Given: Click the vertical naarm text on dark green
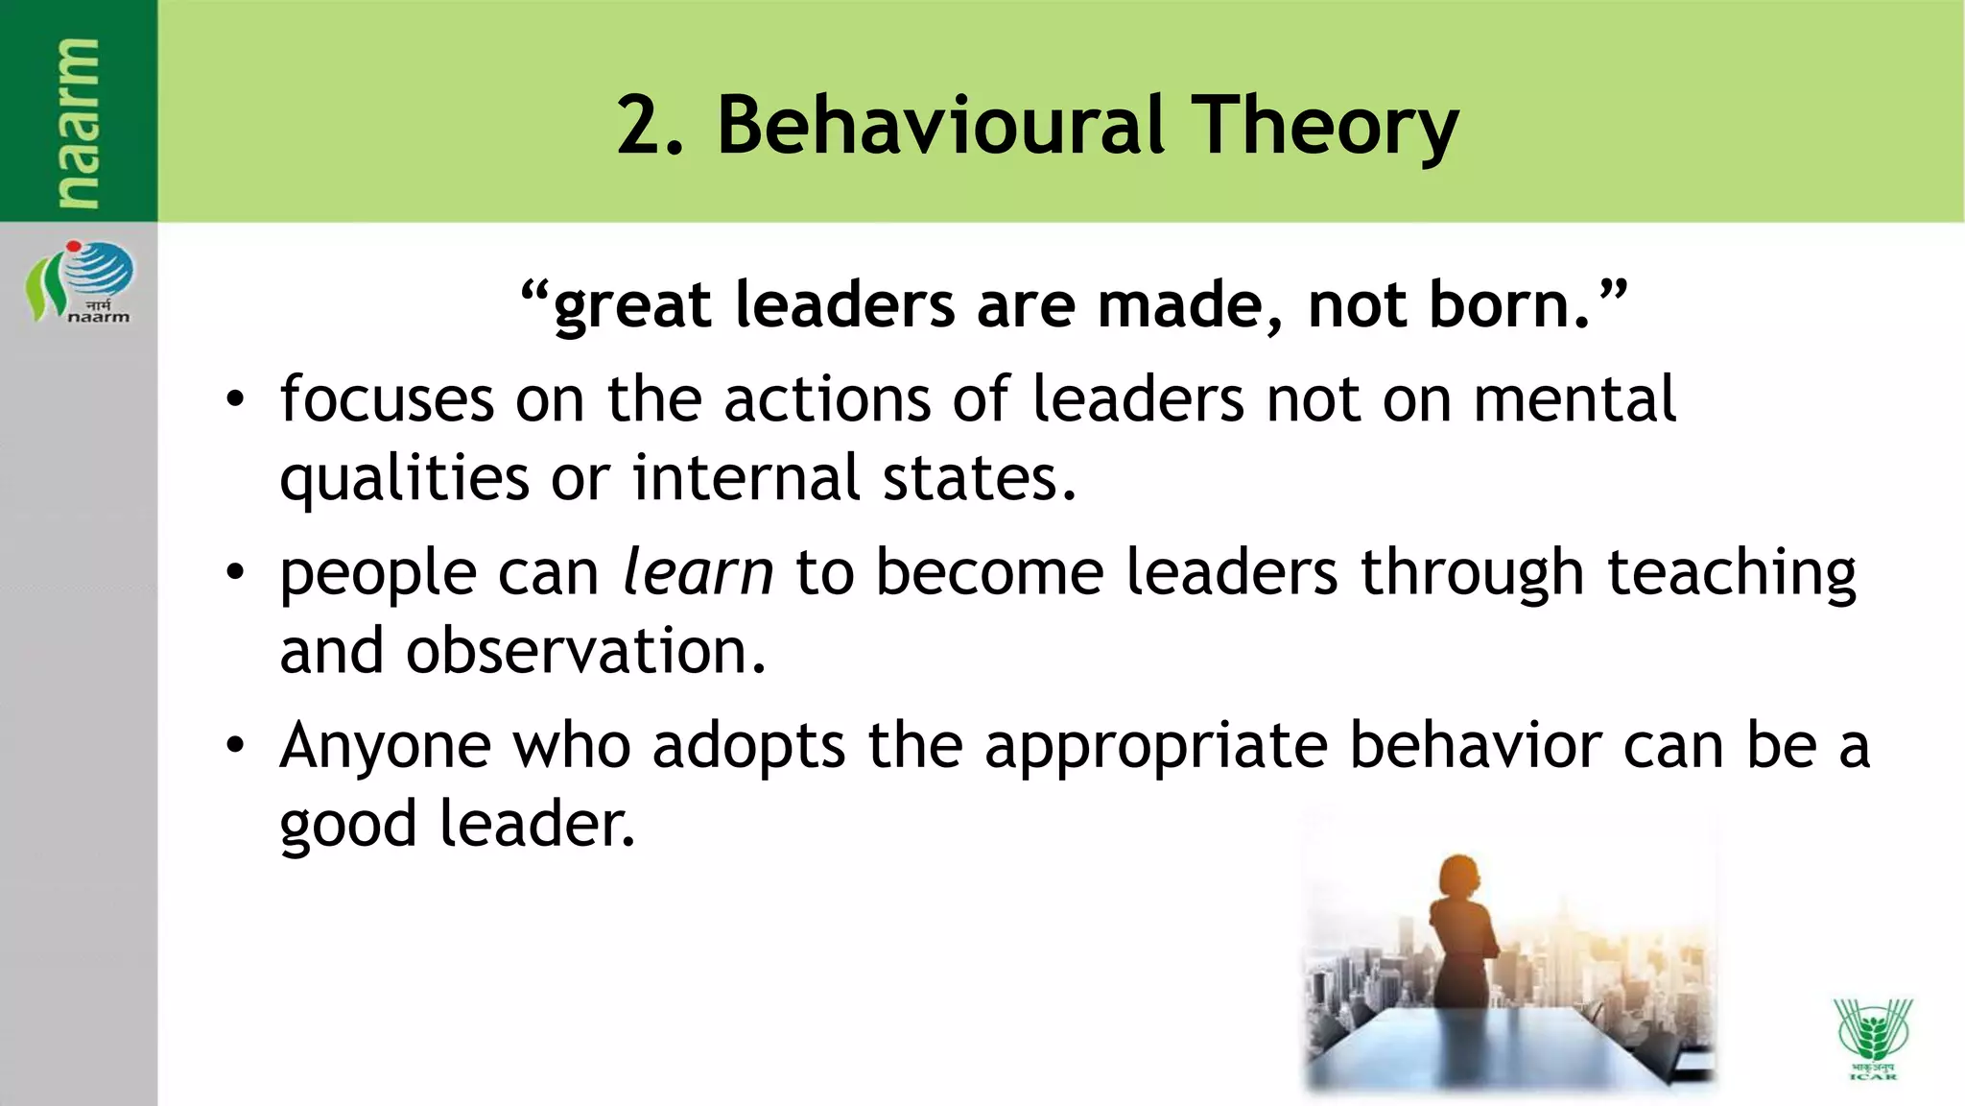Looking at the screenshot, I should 77,123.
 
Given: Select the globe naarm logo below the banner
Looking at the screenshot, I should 81,280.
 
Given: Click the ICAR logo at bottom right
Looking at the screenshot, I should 1872,1037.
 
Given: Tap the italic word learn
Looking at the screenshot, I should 698,572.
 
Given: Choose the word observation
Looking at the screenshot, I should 585,651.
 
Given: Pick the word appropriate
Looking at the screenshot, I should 1155,747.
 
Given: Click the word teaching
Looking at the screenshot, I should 1731,573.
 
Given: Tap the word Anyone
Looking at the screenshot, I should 385,747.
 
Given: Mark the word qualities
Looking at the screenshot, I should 403,478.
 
